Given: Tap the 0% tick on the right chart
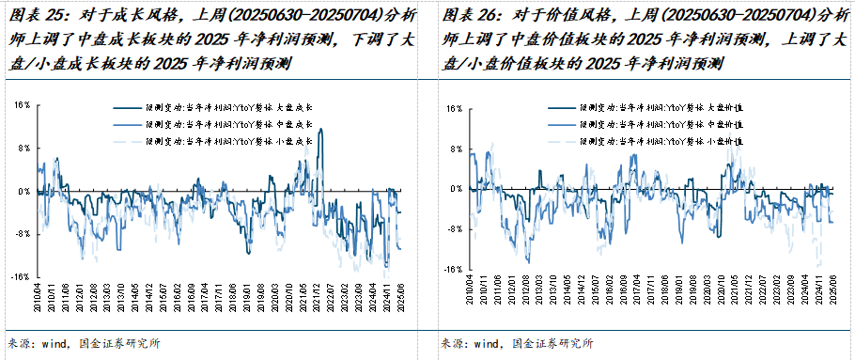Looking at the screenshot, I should point(453,188).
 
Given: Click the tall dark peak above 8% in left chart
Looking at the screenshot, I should point(321,132).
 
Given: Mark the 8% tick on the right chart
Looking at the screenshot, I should point(453,149).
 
